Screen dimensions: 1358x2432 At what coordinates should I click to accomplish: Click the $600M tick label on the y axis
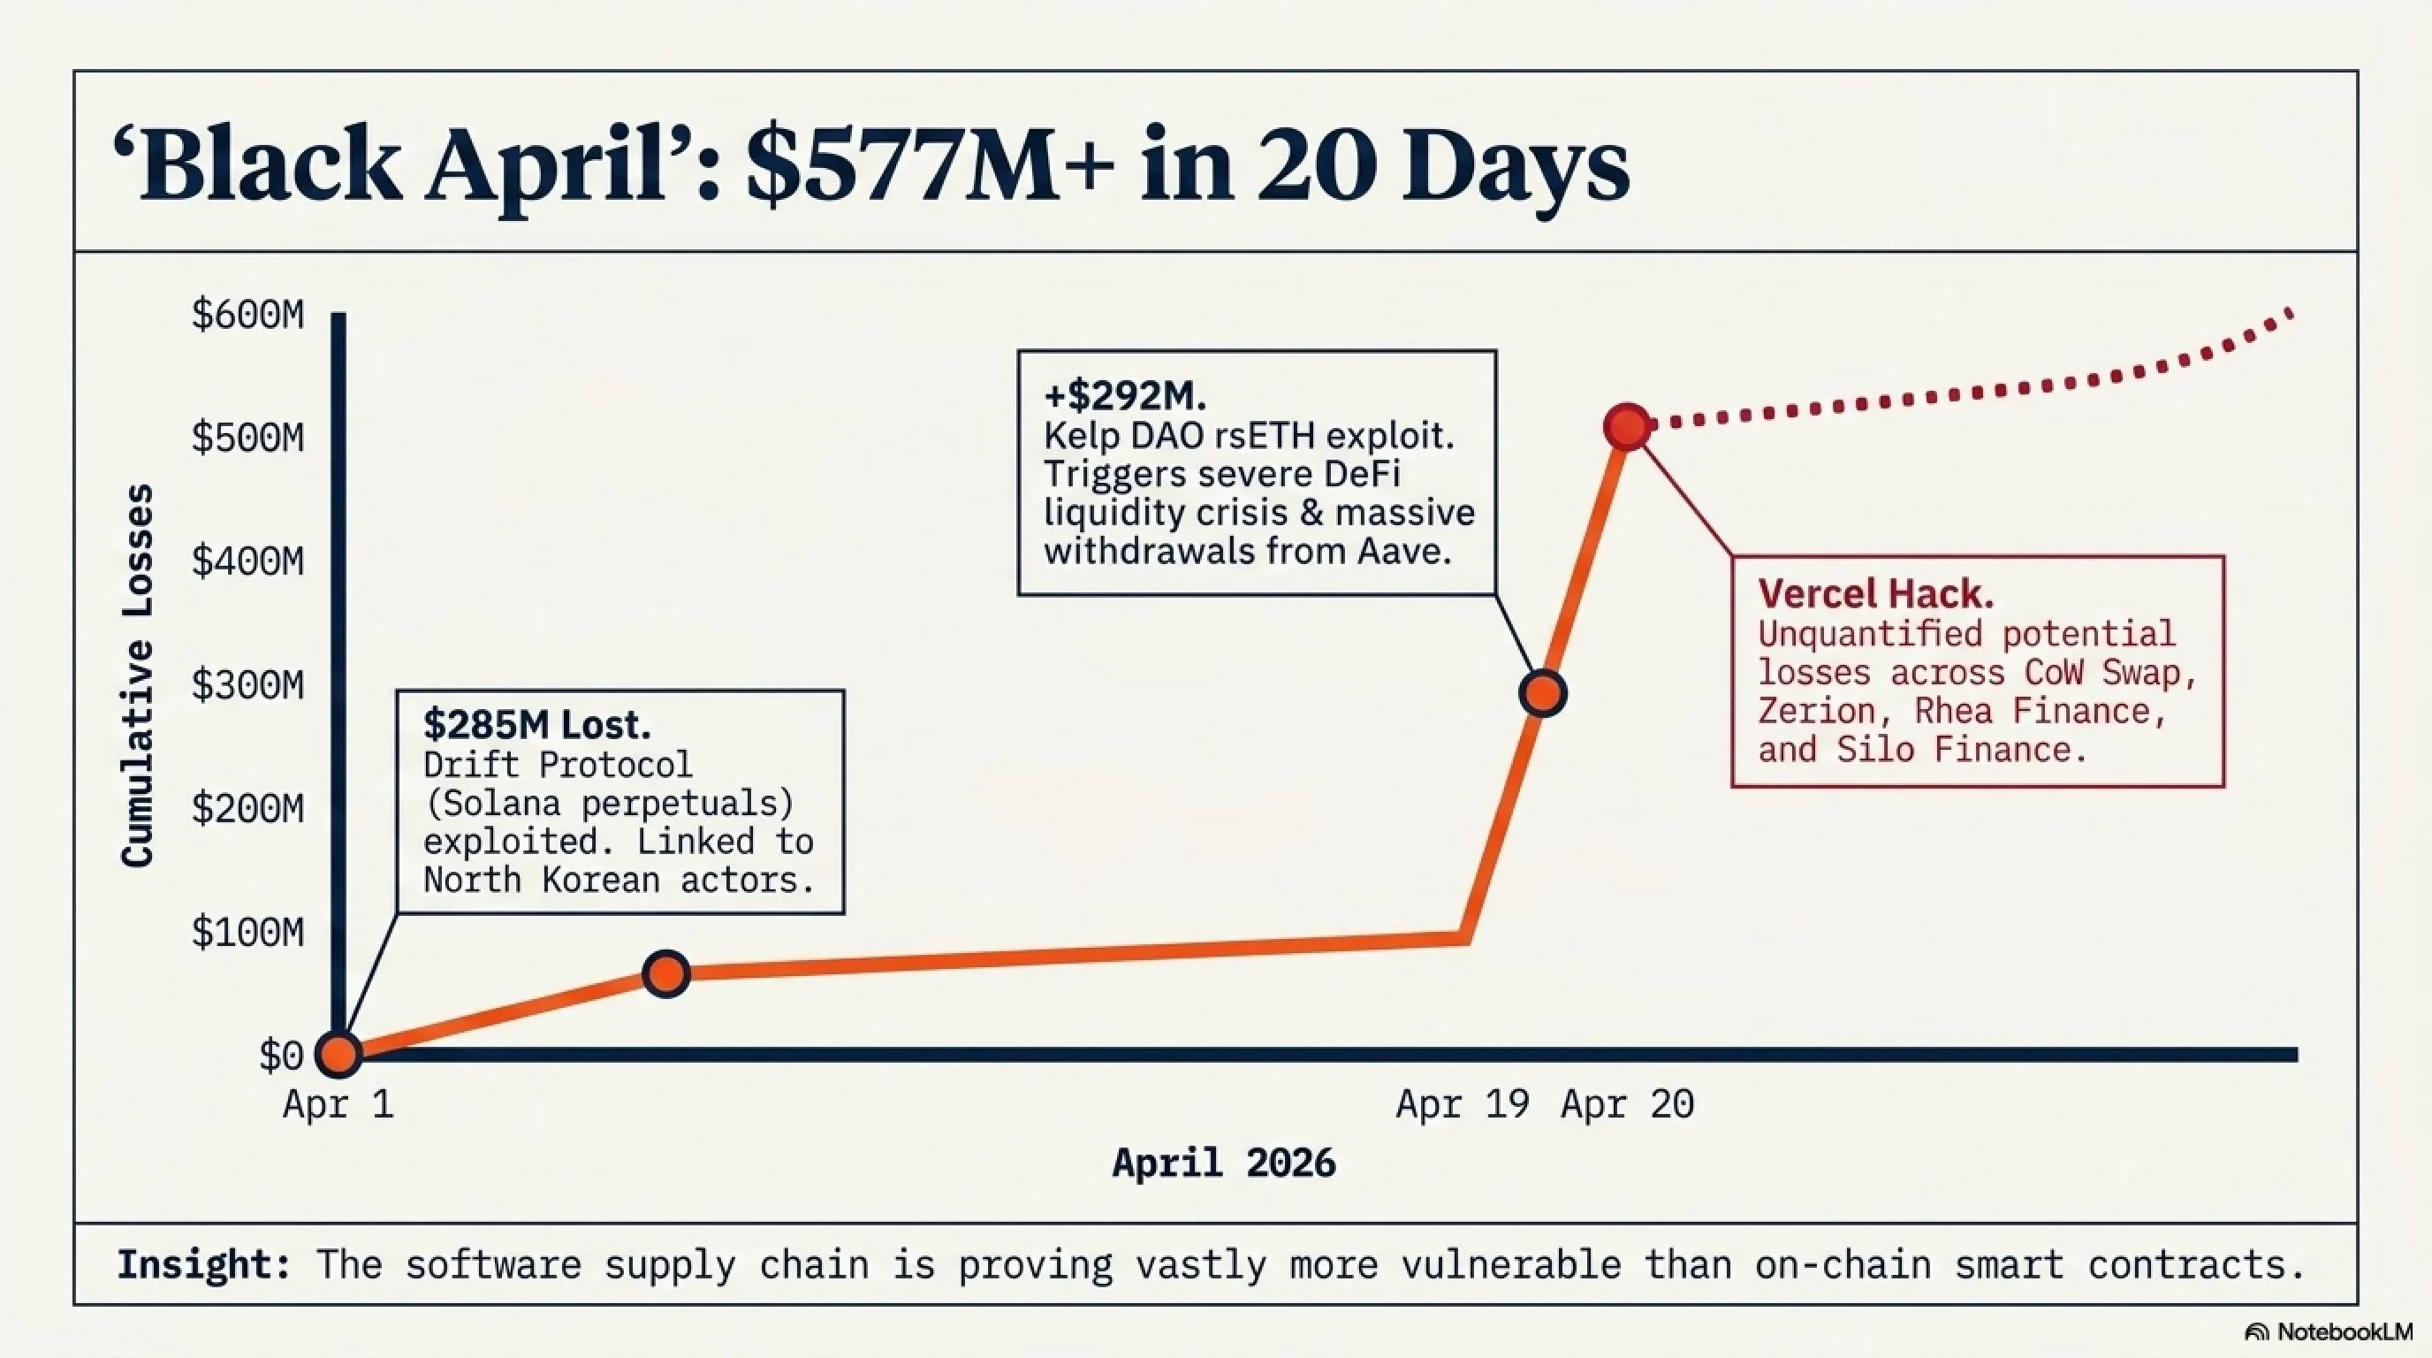click(x=247, y=315)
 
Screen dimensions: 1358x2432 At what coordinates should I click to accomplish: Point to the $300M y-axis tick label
click(x=247, y=684)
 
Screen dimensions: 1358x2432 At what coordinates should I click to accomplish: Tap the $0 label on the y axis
click(x=280, y=1056)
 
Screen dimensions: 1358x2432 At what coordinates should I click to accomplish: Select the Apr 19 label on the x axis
click(x=1463, y=1104)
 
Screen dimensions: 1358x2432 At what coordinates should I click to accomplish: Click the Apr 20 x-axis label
click(x=1628, y=1104)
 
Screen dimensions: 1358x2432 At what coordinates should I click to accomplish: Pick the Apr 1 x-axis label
click(x=338, y=1104)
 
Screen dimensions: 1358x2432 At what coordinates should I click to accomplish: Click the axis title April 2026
click(x=1225, y=1163)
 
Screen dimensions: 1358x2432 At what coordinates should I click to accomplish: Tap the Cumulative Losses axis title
click(x=138, y=675)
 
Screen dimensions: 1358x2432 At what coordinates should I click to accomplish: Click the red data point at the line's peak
click(x=1628, y=427)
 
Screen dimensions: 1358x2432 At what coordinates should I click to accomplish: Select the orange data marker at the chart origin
click(x=338, y=1055)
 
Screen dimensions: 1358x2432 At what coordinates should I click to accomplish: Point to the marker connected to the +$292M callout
click(x=1543, y=694)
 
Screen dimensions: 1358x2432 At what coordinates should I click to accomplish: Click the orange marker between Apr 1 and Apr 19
click(x=665, y=973)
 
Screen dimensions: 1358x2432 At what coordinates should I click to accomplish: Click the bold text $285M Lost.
click(x=537, y=724)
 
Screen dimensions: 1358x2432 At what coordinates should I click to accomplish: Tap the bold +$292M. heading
click(x=1124, y=396)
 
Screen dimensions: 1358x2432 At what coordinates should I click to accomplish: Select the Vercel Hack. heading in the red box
click(x=1876, y=594)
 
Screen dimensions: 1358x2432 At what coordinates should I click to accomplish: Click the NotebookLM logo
click(x=2328, y=1331)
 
